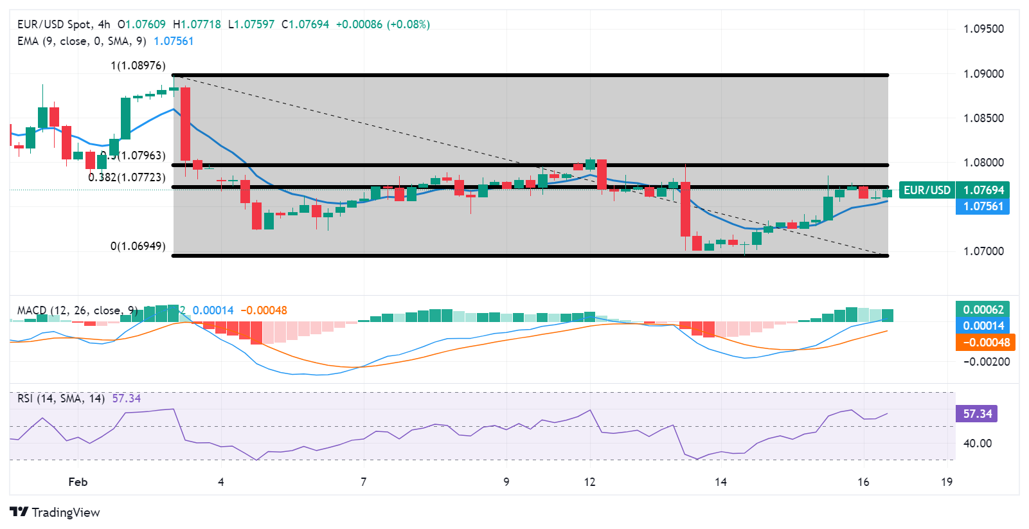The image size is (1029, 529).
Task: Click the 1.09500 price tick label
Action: pos(983,29)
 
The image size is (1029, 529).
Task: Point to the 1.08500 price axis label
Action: pos(983,118)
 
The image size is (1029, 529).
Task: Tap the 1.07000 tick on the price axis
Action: pos(983,251)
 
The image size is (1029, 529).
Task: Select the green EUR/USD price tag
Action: pos(927,190)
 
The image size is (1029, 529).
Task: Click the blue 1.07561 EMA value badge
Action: pos(983,206)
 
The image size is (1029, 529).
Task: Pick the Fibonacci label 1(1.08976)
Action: pos(138,66)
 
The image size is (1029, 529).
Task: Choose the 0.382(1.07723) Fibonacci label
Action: pos(127,177)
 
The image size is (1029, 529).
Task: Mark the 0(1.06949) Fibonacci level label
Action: pos(138,246)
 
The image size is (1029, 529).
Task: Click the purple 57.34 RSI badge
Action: pos(977,414)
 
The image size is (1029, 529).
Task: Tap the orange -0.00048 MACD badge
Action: pos(985,343)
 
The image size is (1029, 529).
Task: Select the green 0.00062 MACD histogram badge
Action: pos(983,310)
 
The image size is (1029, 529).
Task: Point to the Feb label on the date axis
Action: pos(78,482)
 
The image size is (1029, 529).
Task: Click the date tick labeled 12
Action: pos(589,482)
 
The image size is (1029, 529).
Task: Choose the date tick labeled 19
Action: pos(946,482)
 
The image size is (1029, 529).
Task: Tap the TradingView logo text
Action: pos(66,512)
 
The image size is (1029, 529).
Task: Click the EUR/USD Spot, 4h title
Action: pos(64,24)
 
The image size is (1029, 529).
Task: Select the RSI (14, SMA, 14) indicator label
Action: pos(61,399)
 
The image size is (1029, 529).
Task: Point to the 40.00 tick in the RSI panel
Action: pos(977,444)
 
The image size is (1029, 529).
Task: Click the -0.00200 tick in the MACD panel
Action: pos(986,362)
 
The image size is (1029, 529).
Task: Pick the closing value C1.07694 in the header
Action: pos(305,24)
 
